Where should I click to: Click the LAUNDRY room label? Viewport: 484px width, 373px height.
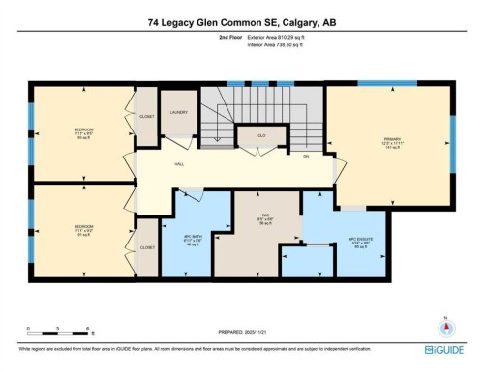[178, 112]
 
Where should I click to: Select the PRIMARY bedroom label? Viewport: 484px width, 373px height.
[391, 140]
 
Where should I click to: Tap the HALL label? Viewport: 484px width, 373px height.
[179, 163]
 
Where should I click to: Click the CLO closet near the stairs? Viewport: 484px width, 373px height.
[261, 136]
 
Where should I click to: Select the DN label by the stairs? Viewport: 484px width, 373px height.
[306, 155]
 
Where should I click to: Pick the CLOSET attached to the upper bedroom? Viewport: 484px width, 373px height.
[147, 115]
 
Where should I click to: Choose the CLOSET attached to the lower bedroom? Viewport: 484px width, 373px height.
[147, 247]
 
